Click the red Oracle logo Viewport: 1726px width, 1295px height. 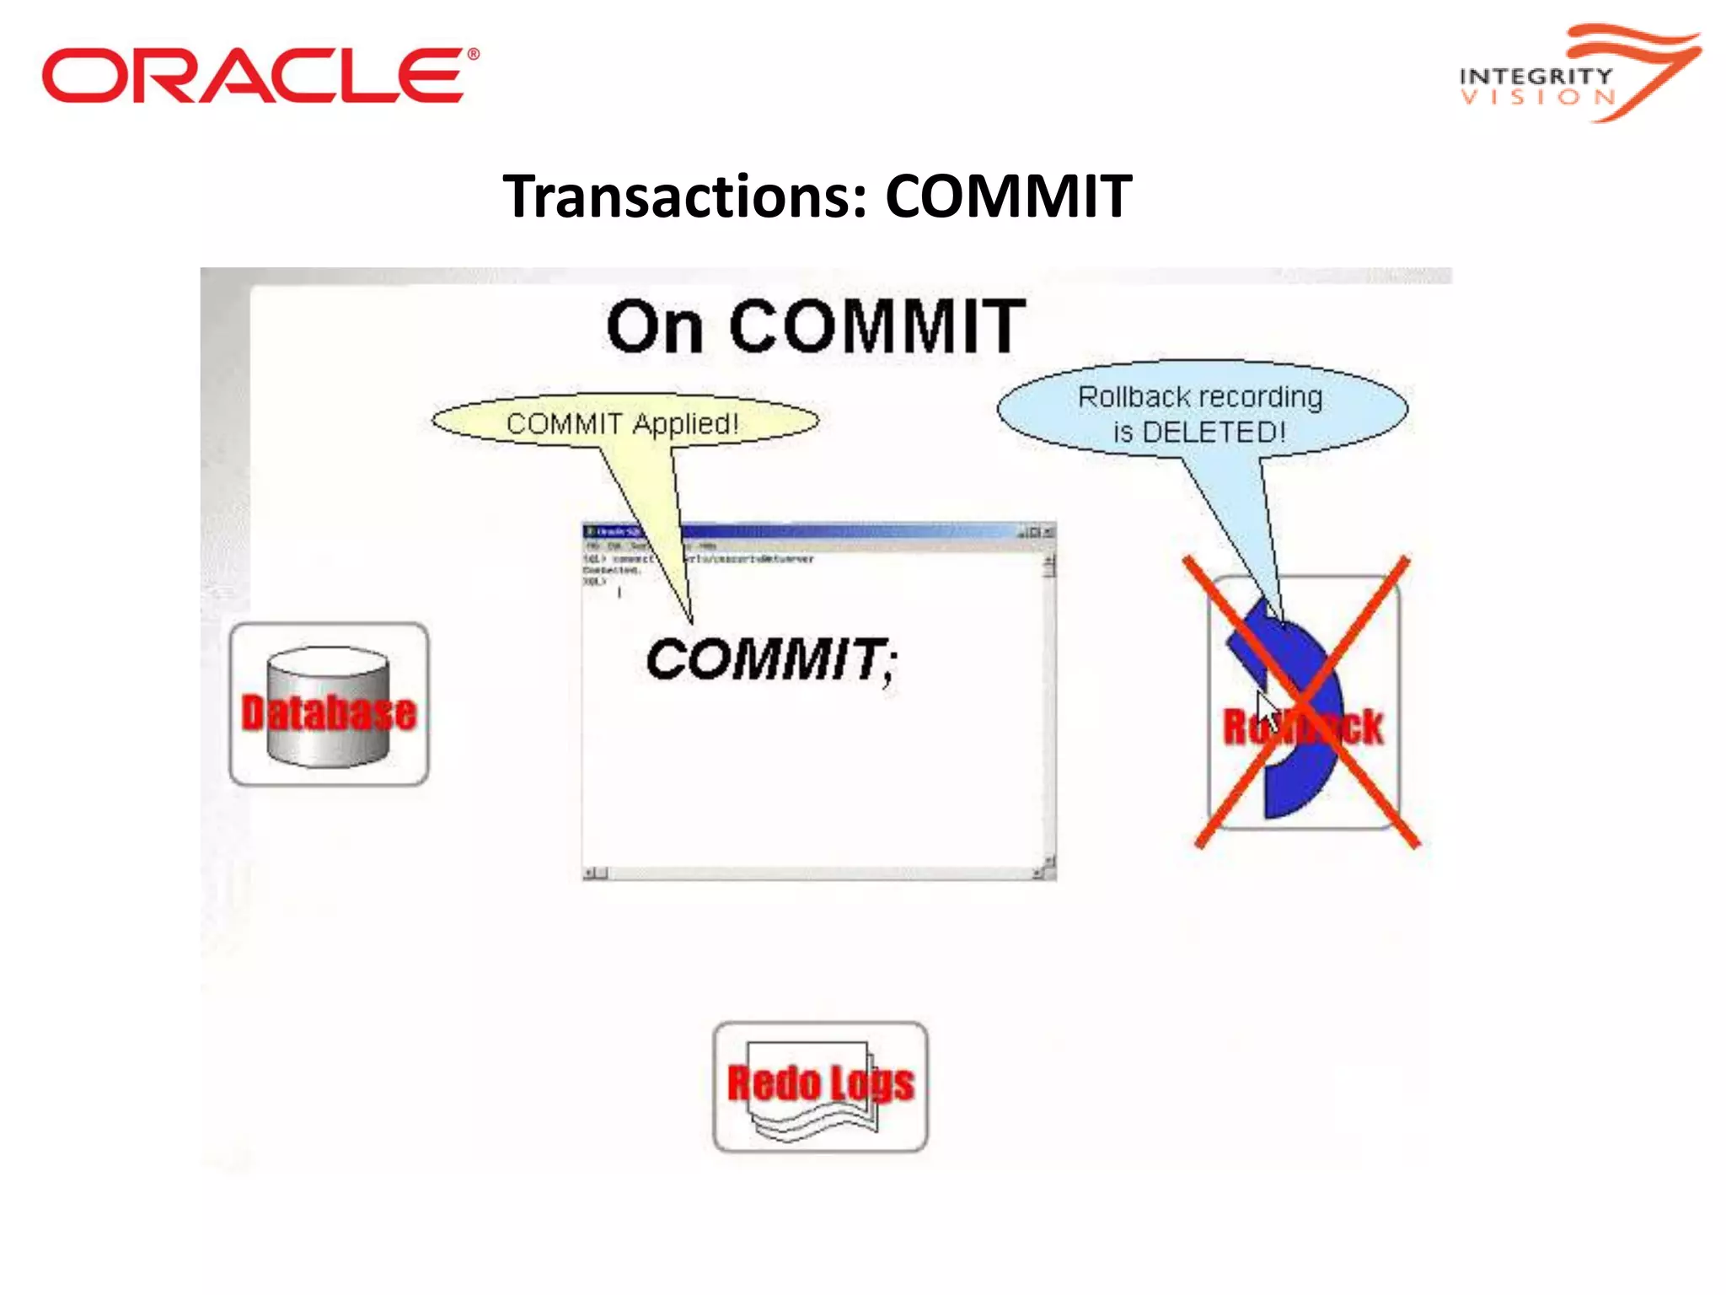click(x=260, y=76)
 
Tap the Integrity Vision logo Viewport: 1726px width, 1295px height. click(x=1578, y=74)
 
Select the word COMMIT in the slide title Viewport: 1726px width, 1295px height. click(x=1008, y=196)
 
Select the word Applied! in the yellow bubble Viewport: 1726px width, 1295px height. click(x=685, y=423)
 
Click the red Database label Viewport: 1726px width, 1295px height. click(x=329, y=713)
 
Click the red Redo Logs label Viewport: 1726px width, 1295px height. click(x=820, y=1083)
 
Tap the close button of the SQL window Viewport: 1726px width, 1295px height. click(x=1048, y=532)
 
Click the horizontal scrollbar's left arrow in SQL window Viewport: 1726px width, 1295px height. click(x=589, y=873)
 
